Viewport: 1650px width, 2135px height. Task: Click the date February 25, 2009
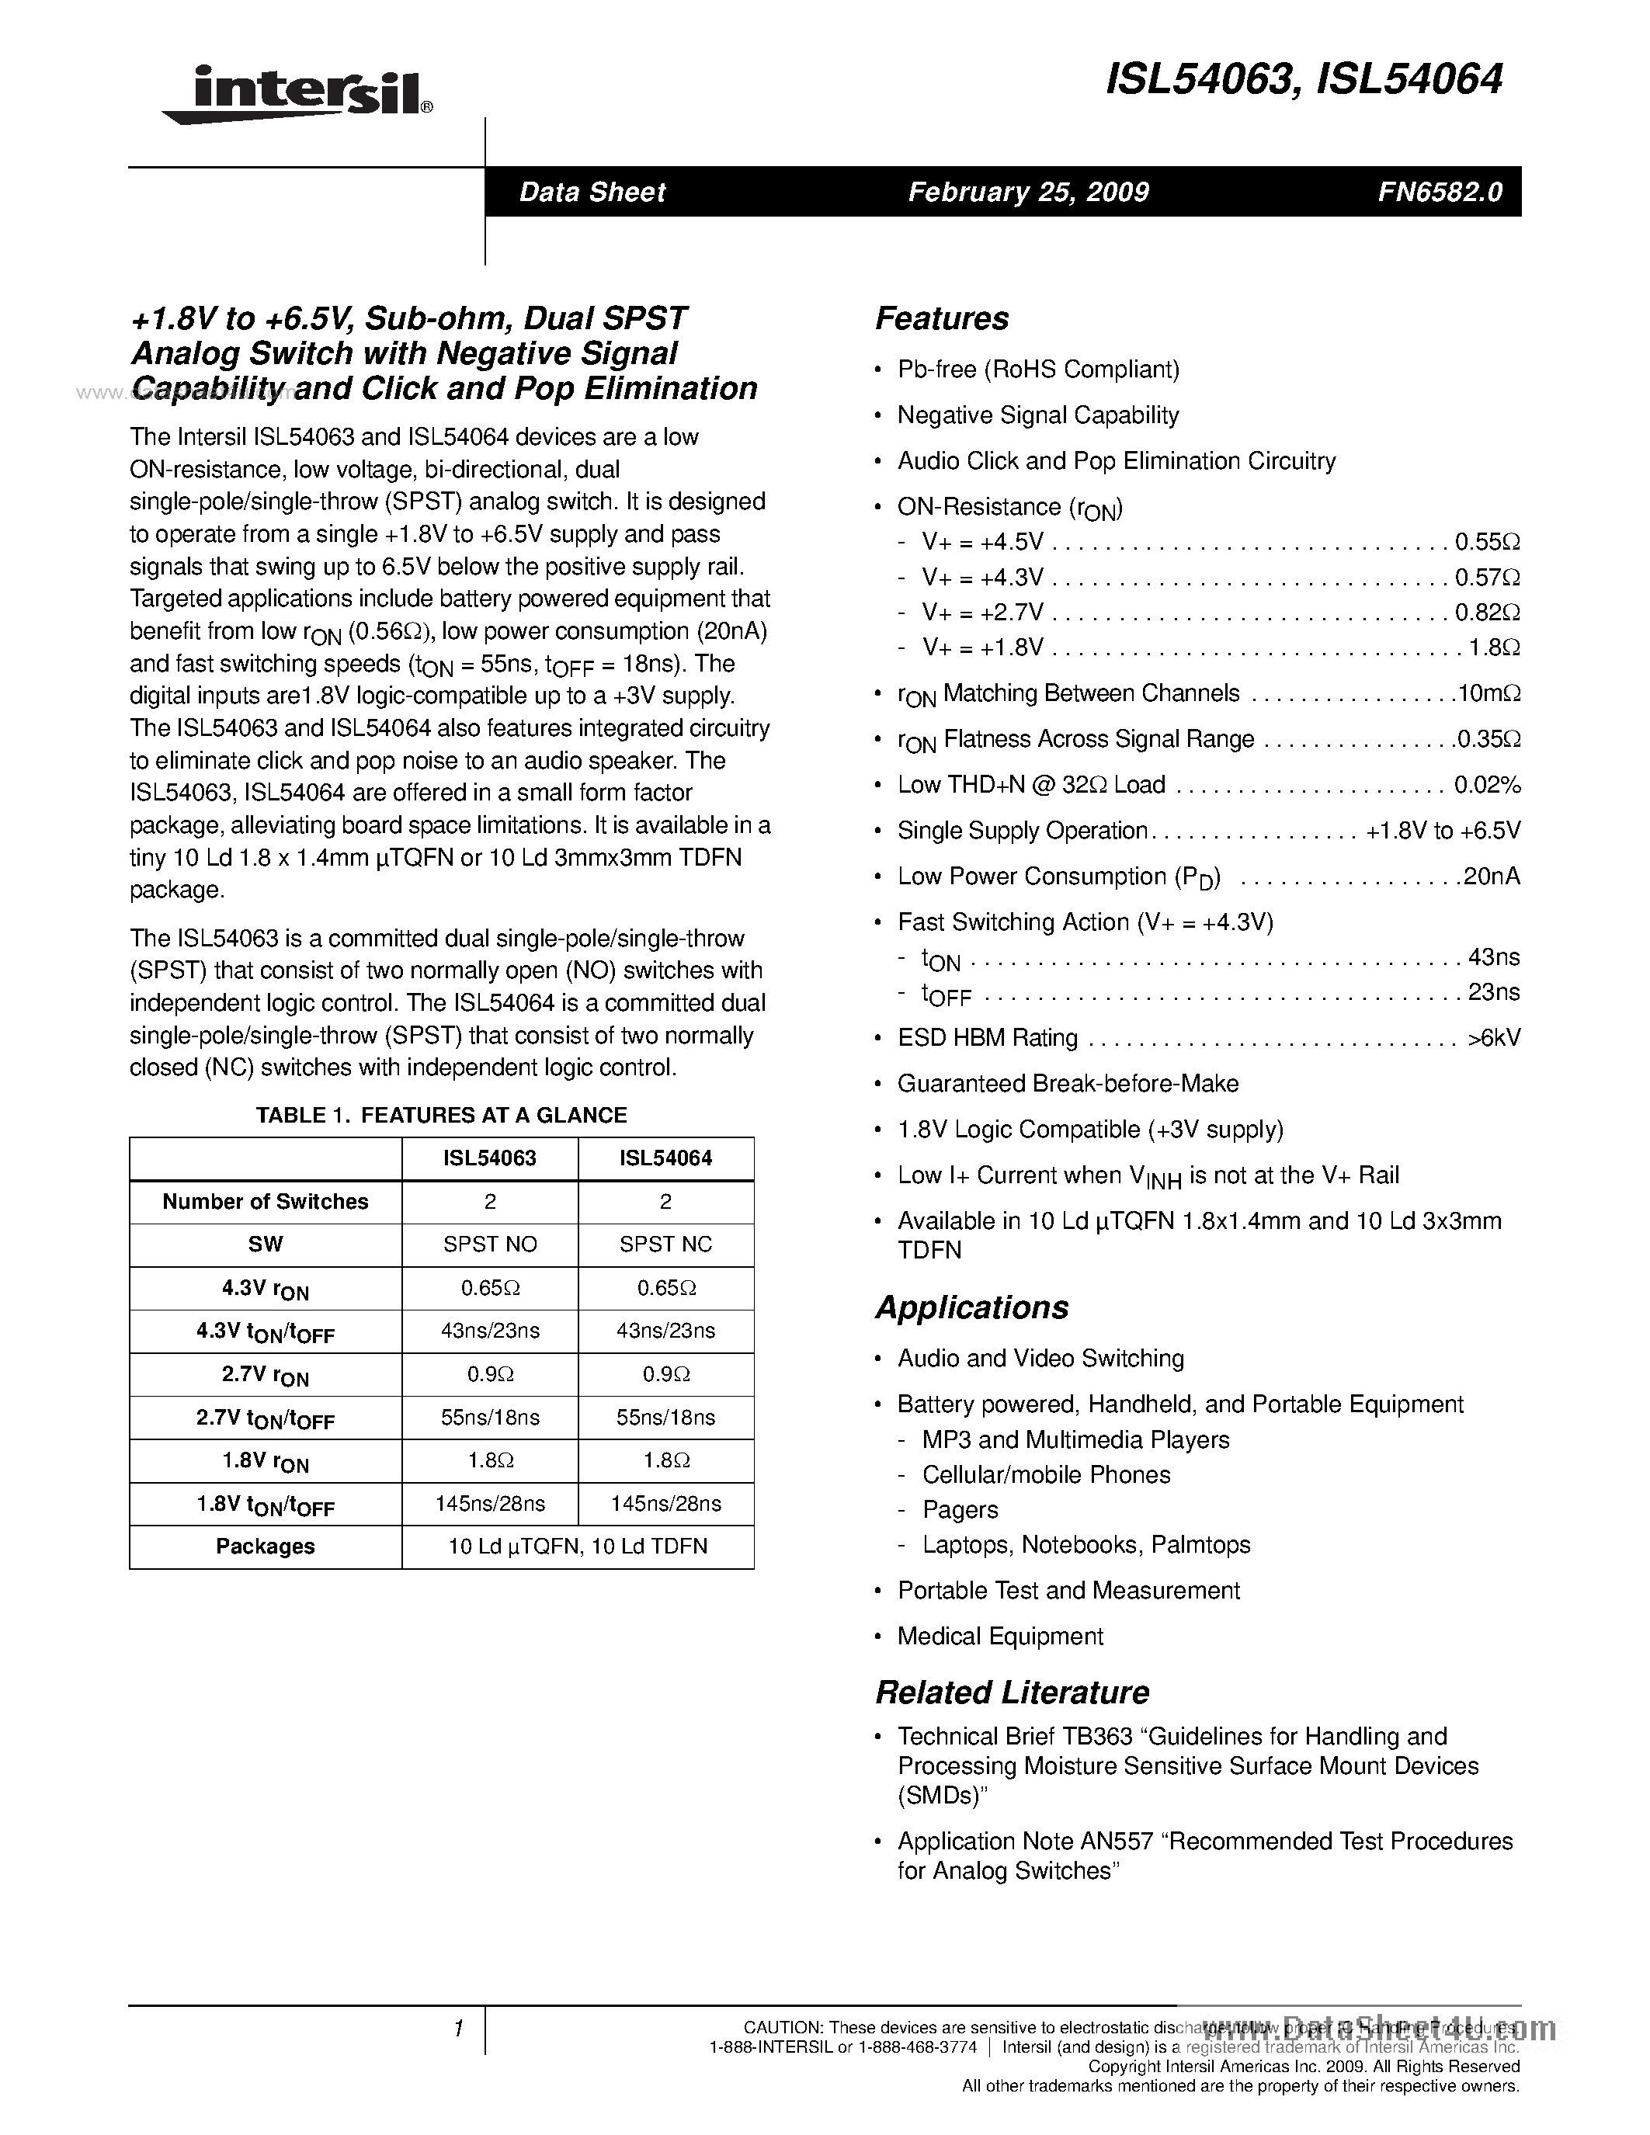tap(1028, 192)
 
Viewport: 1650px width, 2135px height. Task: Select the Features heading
tap(941, 318)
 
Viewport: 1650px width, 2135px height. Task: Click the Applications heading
tap(971, 1307)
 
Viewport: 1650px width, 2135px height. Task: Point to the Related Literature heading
tap(1012, 1692)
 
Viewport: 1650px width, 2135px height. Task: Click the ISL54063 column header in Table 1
tap(490, 1158)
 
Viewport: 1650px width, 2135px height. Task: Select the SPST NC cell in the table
tap(665, 1245)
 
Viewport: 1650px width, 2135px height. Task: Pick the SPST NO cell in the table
tap(490, 1245)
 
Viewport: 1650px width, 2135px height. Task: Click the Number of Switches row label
tap(265, 1202)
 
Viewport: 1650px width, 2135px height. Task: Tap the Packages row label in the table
tap(265, 1547)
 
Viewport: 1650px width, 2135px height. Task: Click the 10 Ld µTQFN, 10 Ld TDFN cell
tap(578, 1547)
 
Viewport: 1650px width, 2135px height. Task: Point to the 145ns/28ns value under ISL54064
tap(665, 1504)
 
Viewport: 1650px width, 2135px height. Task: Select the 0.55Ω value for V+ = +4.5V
tap(1487, 543)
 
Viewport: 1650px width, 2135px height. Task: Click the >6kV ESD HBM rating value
tap(1494, 1038)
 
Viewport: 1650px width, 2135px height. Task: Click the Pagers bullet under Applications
tap(960, 1509)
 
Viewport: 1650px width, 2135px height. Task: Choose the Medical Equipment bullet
tap(1000, 1637)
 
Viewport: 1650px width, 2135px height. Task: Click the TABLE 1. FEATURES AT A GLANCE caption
tap(441, 1116)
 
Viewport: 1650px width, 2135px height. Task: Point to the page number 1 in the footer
tap(457, 2029)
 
